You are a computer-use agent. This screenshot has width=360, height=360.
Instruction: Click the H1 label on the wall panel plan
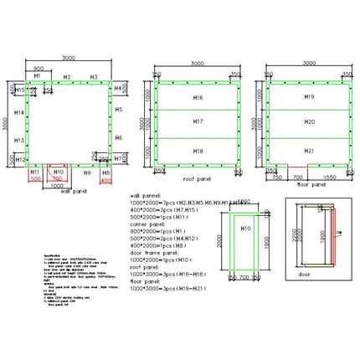(x=37, y=76)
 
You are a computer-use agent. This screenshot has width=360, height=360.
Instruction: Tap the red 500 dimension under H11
(x=35, y=179)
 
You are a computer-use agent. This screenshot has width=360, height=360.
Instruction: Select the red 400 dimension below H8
(x=105, y=179)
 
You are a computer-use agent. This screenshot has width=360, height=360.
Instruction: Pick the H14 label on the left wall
(x=18, y=111)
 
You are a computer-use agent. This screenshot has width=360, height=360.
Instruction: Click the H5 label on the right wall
(x=119, y=110)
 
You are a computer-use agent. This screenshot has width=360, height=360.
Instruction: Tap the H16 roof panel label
(x=198, y=98)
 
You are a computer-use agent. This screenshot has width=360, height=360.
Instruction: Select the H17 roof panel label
(x=198, y=122)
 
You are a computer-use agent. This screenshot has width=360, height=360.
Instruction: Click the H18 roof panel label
(x=198, y=150)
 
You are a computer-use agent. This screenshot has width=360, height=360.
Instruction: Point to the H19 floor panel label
(x=309, y=97)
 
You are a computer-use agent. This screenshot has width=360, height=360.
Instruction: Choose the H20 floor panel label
(x=309, y=122)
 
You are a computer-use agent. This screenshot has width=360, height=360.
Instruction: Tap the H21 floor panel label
(x=309, y=150)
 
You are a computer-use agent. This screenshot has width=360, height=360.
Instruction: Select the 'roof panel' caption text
(x=198, y=178)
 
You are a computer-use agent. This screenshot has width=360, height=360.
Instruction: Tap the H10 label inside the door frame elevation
(x=245, y=229)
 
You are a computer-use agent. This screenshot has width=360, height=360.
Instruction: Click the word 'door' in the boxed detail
(x=304, y=273)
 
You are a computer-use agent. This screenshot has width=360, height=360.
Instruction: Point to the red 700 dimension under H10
(x=57, y=179)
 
